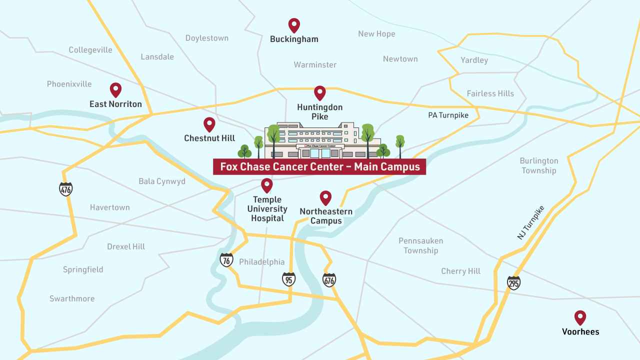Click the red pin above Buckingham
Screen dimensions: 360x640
point(294,25)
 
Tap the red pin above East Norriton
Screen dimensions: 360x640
point(115,89)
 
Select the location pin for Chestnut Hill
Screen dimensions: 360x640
point(209,124)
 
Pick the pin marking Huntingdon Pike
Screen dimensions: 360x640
point(319,92)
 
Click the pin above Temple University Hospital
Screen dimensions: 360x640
point(267,185)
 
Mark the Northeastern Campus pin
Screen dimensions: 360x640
point(325,197)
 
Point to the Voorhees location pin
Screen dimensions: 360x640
point(580,317)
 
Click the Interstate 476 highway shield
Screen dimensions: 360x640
point(66,189)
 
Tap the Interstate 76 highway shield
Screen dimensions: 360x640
point(226,260)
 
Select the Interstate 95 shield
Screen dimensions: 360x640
point(288,279)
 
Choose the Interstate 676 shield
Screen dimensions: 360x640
point(329,280)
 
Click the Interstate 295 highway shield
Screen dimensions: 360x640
point(513,282)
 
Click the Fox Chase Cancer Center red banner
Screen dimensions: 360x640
point(319,167)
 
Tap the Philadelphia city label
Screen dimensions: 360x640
point(261,262)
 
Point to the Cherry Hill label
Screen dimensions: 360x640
point(460,271)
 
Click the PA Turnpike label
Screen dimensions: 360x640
point(448,115)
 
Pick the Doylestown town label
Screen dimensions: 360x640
point(207,38)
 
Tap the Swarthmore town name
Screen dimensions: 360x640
point(72,298)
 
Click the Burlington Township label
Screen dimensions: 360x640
point(538,165)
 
